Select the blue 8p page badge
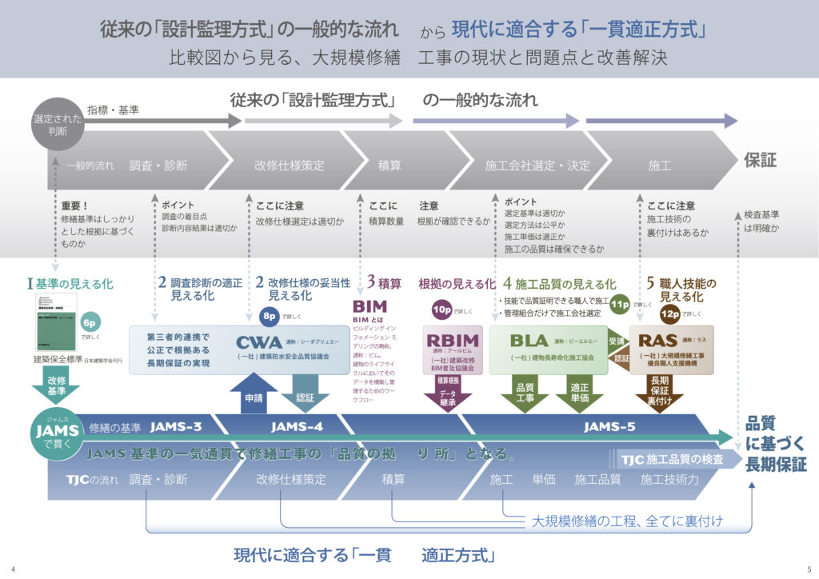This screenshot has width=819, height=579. (270, 313)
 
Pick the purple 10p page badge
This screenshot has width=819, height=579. (442, 309)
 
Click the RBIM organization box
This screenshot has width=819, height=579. (453, 349)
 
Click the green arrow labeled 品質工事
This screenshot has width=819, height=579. (525, 393)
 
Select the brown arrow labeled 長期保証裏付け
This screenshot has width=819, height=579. (660, 391)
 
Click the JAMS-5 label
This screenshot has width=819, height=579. (609, 426)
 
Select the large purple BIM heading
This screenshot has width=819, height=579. (370, 306)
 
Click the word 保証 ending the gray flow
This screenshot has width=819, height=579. (761, 160)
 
